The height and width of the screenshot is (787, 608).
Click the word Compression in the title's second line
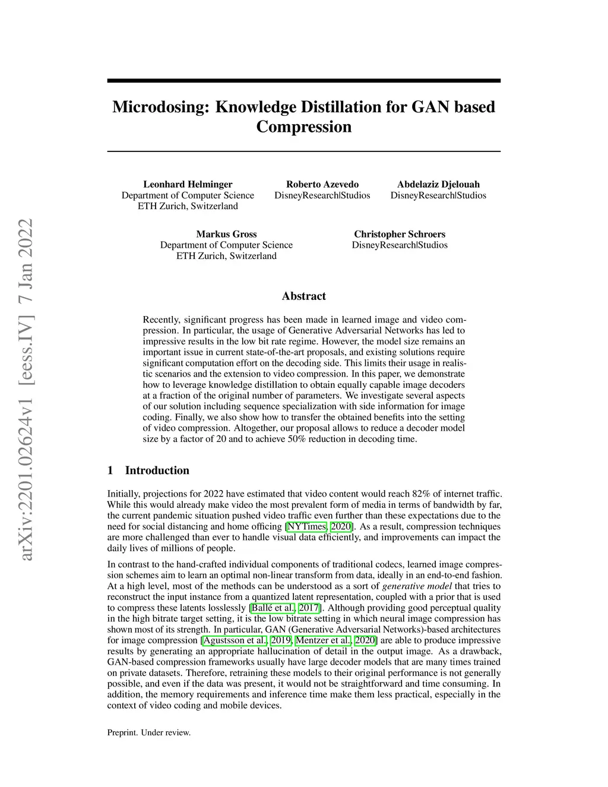click(303, 127)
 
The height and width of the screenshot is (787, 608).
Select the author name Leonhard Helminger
click(188, 184)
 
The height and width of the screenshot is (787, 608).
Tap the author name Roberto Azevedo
click(322, 184)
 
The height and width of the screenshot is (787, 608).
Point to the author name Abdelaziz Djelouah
click(438, 184)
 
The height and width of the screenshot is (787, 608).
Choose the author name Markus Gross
click(226, 234)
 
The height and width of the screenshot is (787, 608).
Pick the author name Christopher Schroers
click(400, 234)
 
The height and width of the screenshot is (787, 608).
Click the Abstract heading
click(303, 296)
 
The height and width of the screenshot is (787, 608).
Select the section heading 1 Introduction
click(148, 470)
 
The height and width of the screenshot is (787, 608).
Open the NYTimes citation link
click(306, 526)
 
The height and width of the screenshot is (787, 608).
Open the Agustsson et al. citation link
click(235, 640)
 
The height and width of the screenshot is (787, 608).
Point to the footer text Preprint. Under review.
click(149, 732)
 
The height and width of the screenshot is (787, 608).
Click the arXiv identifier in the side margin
click(27, 389)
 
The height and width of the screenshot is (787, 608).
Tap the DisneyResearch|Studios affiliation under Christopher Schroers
click(400, 245)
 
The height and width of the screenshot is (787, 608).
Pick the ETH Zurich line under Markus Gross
click(226, 256)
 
